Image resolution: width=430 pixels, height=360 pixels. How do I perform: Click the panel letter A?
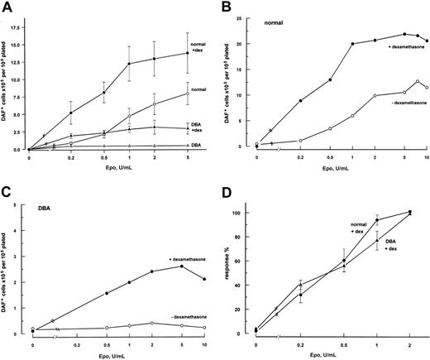7,7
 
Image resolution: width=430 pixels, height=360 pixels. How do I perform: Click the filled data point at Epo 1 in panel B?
352,44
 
